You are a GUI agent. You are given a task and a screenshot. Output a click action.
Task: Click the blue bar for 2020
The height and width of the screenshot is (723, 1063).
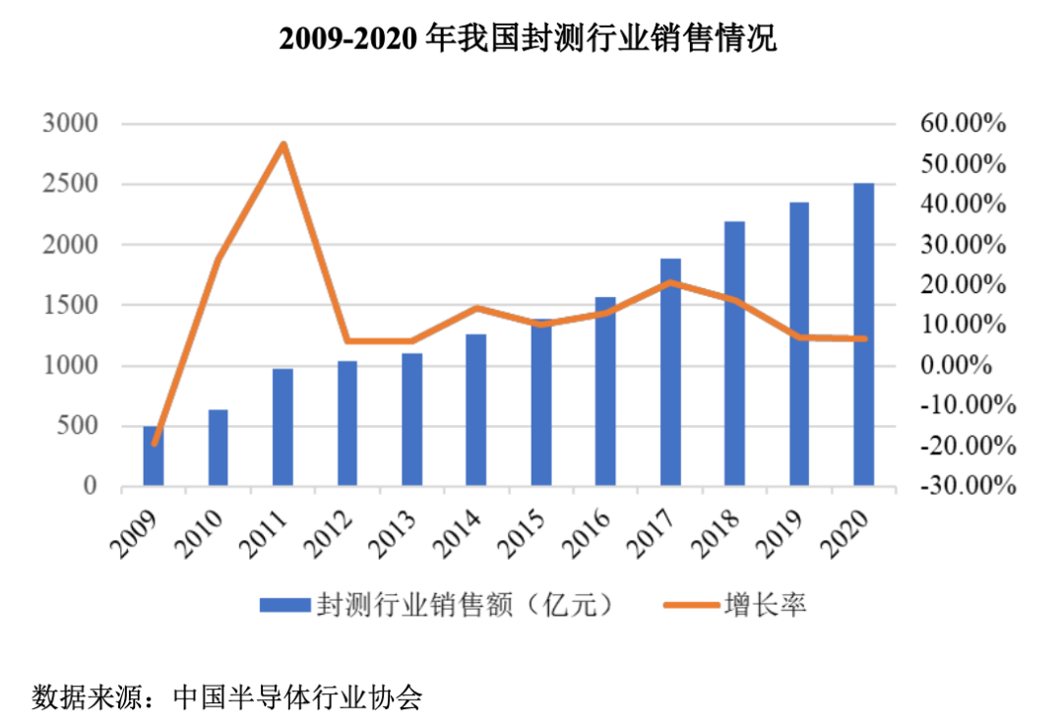coord(863,334)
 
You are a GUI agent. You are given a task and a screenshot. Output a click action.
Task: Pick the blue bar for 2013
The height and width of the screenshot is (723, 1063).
coord(411,419)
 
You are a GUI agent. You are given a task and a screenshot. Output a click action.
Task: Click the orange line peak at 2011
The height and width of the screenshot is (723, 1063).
coord(283,145)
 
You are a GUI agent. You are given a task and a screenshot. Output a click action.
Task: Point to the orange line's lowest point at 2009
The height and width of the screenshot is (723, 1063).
coord(155,443)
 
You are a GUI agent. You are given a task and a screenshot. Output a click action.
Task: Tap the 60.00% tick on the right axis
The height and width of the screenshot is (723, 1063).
coord(962,124)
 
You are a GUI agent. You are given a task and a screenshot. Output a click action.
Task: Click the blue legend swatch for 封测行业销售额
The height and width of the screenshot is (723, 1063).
coord(283,605)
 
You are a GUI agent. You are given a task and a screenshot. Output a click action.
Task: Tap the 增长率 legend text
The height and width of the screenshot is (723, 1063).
coord(768,605)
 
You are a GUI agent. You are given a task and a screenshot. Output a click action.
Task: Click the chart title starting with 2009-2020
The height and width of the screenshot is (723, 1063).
coord(529,39)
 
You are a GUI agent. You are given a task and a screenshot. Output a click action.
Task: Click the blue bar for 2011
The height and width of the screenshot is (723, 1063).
coord(282,427)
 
